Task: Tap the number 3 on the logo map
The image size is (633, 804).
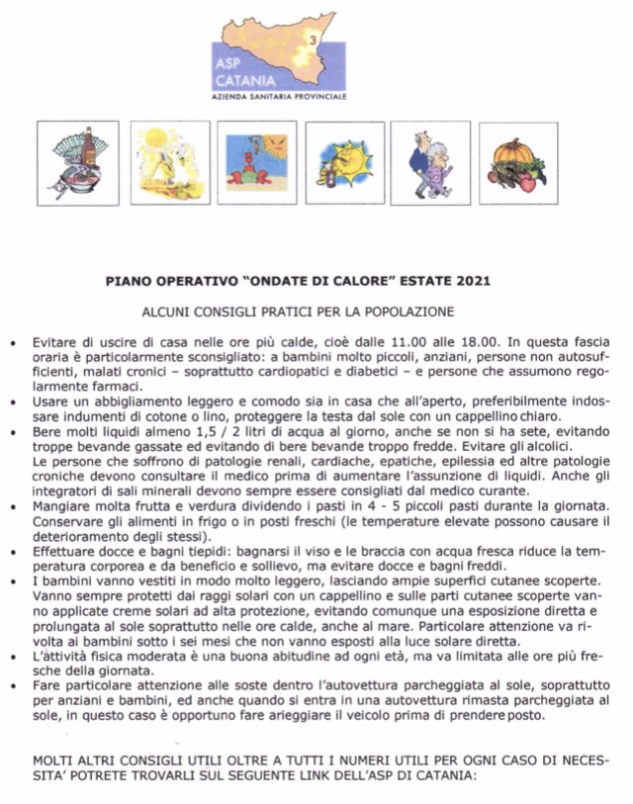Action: tap(314, 41)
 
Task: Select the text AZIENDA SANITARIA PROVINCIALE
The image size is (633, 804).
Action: tap(280, 97)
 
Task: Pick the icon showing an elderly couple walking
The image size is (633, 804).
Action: tap(430, 162)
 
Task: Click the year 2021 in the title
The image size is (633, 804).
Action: tap(467, 281)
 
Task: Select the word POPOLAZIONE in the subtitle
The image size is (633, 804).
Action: tap(412, 312)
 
